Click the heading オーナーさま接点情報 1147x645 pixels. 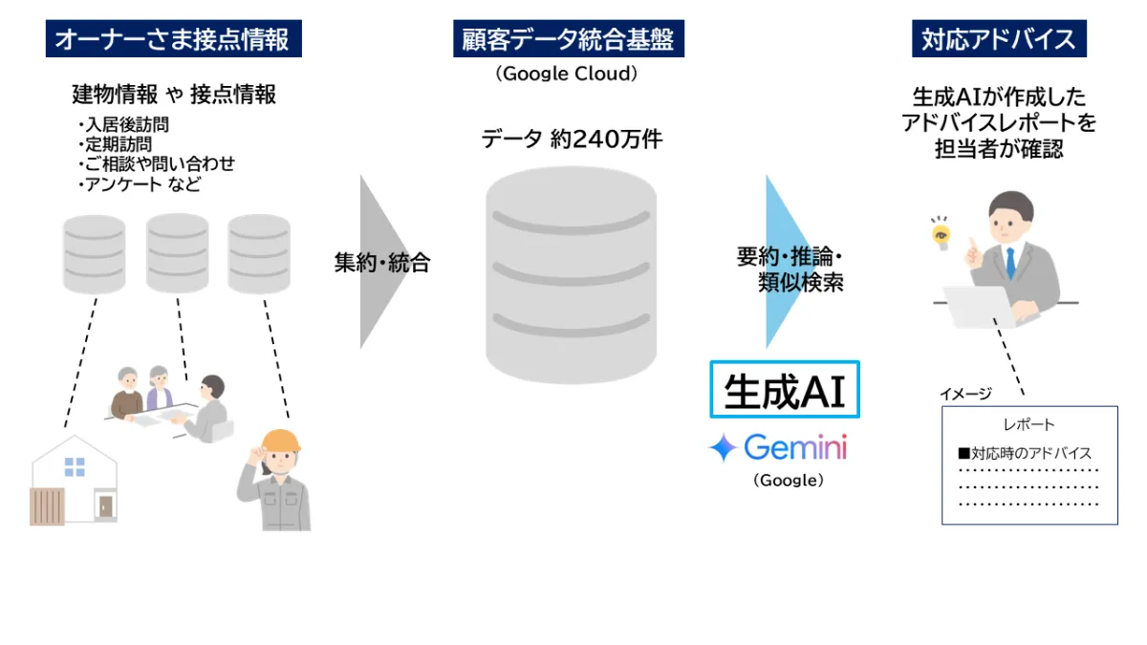point(173,39)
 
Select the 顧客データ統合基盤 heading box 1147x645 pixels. point(569,39)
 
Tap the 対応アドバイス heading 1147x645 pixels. point(999,39)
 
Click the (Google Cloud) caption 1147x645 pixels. point(567,74)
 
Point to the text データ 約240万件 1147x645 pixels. point(572,140)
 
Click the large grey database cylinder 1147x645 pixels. point(571,277)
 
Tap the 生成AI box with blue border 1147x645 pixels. point(785,390)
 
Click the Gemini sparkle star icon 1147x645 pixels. point(723,448)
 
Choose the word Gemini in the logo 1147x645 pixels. point(795,447)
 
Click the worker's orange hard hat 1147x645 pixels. point(280,441)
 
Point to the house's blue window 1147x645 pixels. point(75,466)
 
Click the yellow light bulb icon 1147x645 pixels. point(941,233)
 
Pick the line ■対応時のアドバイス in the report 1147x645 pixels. point(1025,453)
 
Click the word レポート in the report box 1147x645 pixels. point(1028,424)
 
